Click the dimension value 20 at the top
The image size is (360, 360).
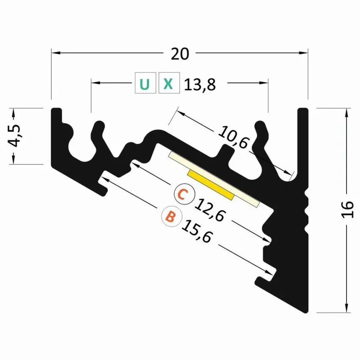point(180,54)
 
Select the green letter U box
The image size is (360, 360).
point(145,84)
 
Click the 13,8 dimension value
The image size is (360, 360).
point(200,85)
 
